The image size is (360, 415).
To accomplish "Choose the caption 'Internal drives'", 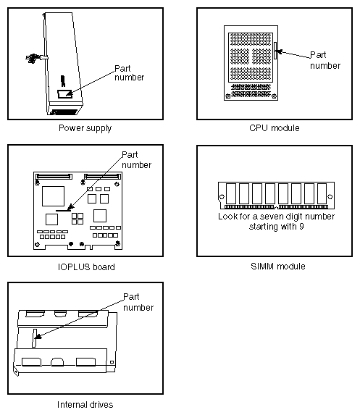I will [85, 404].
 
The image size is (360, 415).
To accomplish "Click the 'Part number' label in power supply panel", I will [129, 73].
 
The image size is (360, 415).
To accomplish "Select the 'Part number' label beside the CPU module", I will [325, 59].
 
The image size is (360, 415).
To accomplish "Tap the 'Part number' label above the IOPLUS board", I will [136, 159].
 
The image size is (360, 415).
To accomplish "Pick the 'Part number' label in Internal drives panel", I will [138, 302].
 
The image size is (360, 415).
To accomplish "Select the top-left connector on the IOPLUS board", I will [54, 175].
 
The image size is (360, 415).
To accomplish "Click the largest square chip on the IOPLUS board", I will [53, 195].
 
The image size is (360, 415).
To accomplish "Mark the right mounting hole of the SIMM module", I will [330, 196].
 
